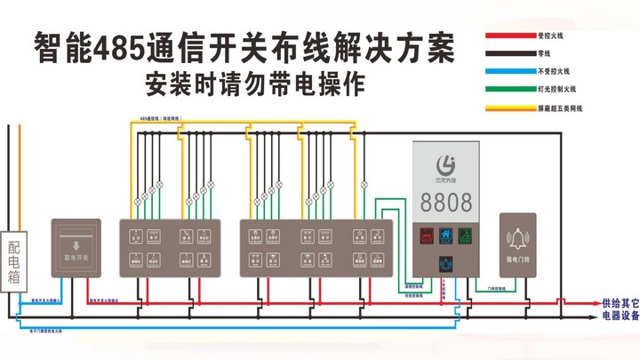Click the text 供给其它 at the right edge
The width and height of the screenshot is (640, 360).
pos(620,302)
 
